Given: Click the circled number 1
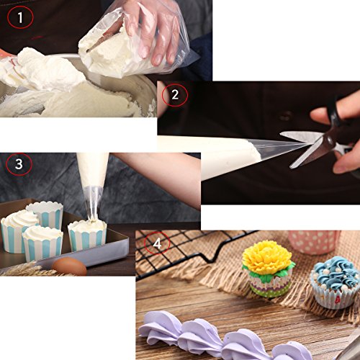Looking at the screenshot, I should click(x=19, y=17).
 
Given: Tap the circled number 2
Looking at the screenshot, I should click(x=175, y=94).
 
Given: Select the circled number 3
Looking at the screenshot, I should click(x=18, y=164).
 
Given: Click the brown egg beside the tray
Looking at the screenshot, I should click(x=69, y=267).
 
